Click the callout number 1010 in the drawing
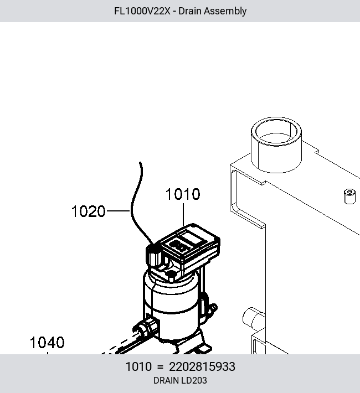click(x=183, y=194)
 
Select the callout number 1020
click(x=88, y=211)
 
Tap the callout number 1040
click(x=47, y=343)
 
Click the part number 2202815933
click(x=202, y=366)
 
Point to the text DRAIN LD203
click(x=180, y=380)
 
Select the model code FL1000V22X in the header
click(x=142, y=11)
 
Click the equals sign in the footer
click(x=160, y=367)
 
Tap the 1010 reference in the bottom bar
click(x=138, y=366)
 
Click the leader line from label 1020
click(x=119, y=211)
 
